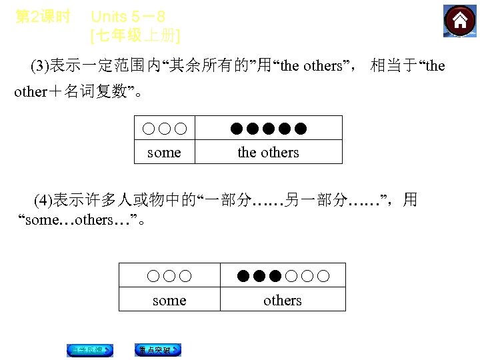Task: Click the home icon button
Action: click(x=460, y=21)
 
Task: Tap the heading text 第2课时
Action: click(x=42, y=17)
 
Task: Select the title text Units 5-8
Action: click(x=127, y=17)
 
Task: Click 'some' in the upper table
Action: click(x=164, y=153)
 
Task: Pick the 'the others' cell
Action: click(x=268, y=153)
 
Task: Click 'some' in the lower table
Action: click(x=169, y=301)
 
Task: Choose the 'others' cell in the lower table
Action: click(x=282, y=301)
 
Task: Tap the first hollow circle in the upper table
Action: click(x=147, y=128)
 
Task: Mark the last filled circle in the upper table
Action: click(x=301, y=128)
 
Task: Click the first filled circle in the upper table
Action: click(x=237, y=128)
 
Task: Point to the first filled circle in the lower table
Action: click(x=243, y=276)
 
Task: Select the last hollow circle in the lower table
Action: click(x=323, y=276)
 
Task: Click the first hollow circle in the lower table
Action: click(x=153, y=276)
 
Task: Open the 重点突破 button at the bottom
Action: click(x=158, y=350)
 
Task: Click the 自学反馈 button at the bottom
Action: click(x=89, y=350)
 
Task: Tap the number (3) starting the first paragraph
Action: click(x=41, y=66)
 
